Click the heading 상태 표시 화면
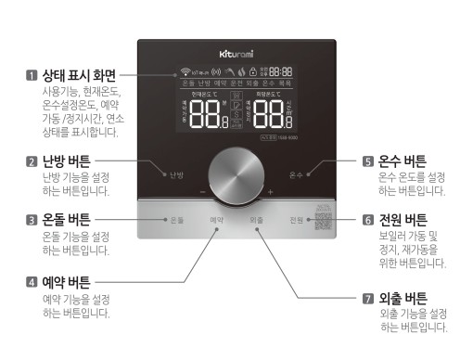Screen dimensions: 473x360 [x=80, y=73]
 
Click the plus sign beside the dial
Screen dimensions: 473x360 [x=270, y=191]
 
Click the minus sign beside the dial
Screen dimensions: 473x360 [x=201, y=191]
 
